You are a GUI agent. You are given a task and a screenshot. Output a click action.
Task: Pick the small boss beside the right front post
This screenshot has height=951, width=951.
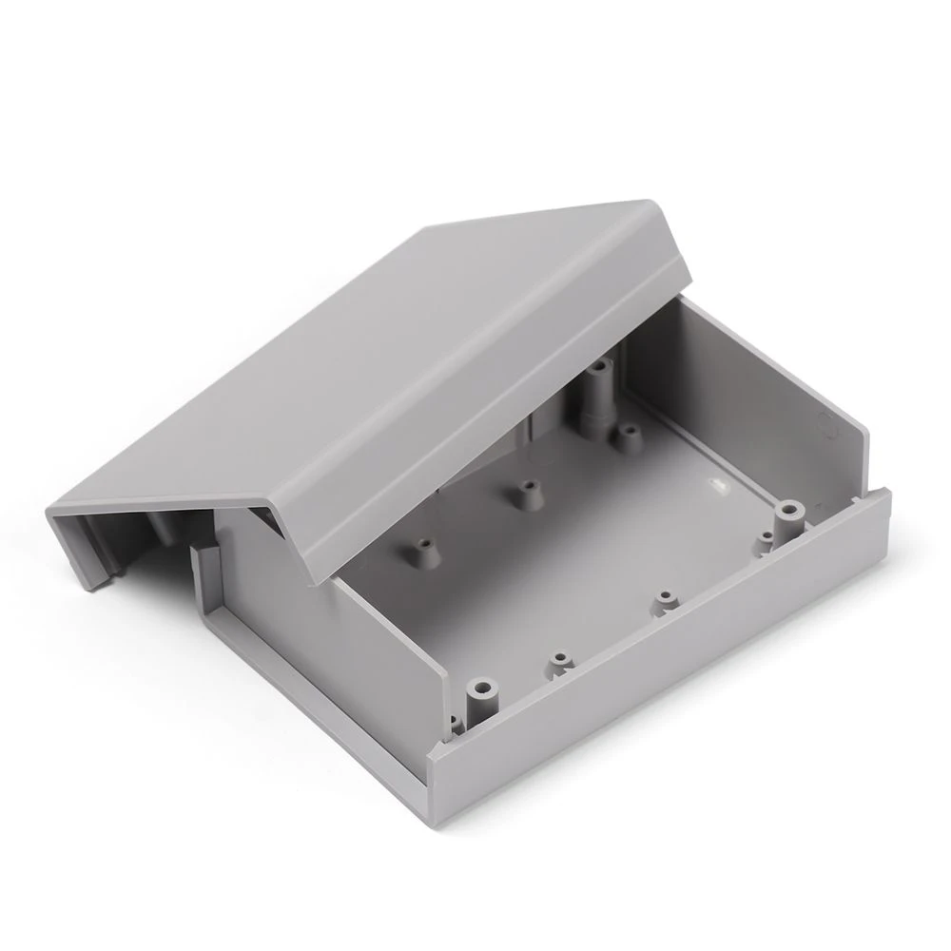tap(767, 544)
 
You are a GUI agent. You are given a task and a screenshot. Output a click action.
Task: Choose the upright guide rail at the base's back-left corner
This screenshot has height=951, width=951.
tap(207, 590)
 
